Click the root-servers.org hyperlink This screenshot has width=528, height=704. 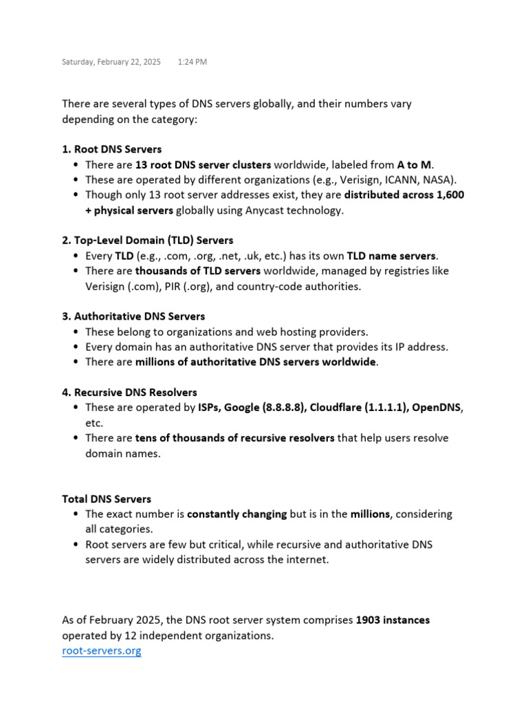[x=102, y=650]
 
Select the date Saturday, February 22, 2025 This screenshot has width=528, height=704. [x=111, y=62]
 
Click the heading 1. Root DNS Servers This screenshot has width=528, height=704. [x=112, y=148]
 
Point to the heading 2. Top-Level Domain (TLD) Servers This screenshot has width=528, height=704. [x=148, y=240]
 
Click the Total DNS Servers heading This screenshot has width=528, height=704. [x=107, y=498]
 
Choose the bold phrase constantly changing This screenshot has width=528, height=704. [x=236, y=514]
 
